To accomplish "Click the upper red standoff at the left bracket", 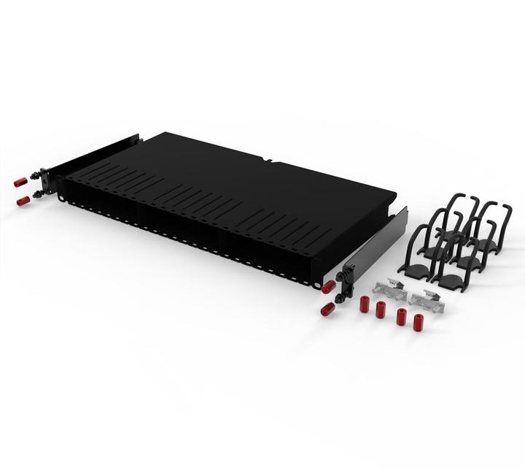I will [21, 181].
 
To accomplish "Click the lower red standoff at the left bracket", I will [23, 199].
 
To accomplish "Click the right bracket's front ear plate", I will [348, 277].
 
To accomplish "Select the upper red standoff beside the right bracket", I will [329, 287].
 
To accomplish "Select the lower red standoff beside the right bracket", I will [327, 309].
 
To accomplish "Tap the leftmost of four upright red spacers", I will [364, 304].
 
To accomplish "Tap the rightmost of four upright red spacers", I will [418, 322].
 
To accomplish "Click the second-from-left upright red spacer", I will [380, 309].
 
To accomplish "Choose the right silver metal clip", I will [427, 300].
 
